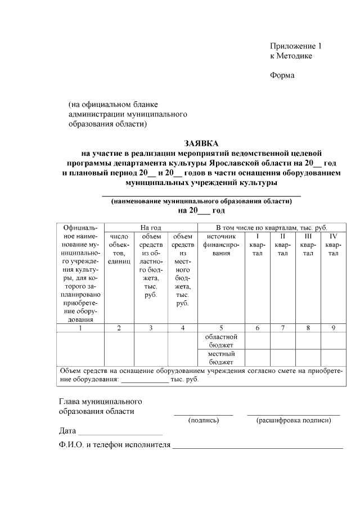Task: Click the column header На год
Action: click(x=151, y=227)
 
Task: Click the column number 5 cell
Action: click(x=221, y=327)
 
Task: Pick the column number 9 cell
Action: click(x=333, y=327)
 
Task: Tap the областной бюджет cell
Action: click(x=221, y=341)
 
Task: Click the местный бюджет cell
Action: click(x=221, y=358)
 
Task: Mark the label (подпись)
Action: click(x=204, y=420)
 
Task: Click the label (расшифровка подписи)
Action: click(x=293, y=420)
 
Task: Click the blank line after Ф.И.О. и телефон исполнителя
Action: click(x=258, y=447)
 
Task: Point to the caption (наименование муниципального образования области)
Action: click(x=201, y=201)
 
